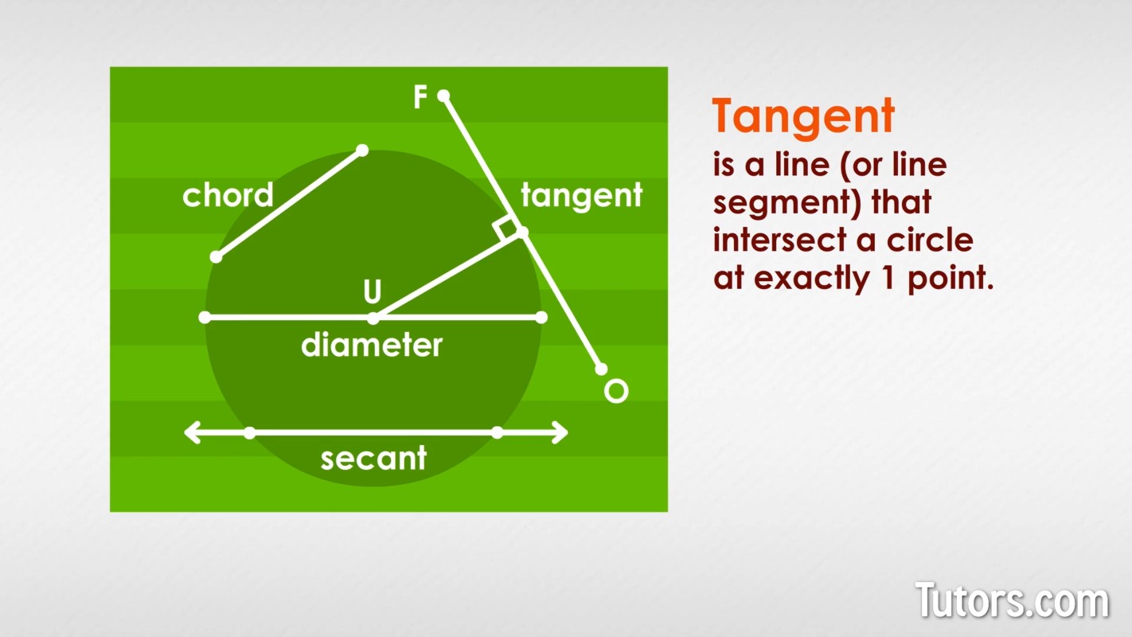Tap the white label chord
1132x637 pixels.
pyautogui.click(x=228, y=195)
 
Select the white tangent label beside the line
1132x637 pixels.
pyautogui.click(x=582, y=197)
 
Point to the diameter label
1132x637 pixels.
pyautogui.click(x=372, y=346)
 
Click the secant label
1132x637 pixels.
pyautogui.click(x=373, y=459)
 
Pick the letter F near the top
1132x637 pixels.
pyautogui.click(x=420, y=96)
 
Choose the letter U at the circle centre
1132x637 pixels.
pyautogui.click(x=373, y=291)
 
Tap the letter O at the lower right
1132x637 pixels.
pyautogui.click(x=616, y=391)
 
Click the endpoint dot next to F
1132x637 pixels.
pyautogui.click(x=443, y=96)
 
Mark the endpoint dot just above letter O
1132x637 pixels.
pyautogui.click(x=601, y=369)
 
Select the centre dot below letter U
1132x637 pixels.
pyautogui.click(x=373, y=318)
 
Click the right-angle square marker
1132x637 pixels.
pyautogui.click(x=507, y=230)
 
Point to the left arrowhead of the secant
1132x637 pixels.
pyautogui.click(x=193, y=432)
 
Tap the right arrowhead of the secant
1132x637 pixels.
pyautogui.click(x=560, y=432)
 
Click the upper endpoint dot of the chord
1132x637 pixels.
pyautogui.click(x=362, y=150)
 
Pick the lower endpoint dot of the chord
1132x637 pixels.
pyautogui.click(x=217, y=257)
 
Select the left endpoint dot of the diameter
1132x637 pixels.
pyautogui.click(x=205, y=318)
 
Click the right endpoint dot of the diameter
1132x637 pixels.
pyautogui.click(x=541, y=318)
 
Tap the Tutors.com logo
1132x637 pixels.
pyautogui.click(x=1013, y=600)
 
